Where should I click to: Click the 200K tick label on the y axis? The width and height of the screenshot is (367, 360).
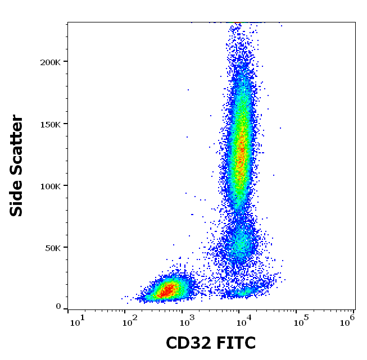pyautogui.click(x=50, y=62)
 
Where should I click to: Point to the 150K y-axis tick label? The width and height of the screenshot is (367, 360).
pyautogui.click(x=50, y=124)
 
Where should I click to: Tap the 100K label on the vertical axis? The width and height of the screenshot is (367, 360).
pyautogui.click(x=50, y=185)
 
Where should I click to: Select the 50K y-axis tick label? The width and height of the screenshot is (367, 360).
pyautogui.click(x=52, y=247)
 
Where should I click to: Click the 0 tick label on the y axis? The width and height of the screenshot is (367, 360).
pyautogui.click(x=58, y=306)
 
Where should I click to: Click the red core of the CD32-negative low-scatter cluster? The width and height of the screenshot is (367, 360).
pyautogui.click(x=167, y=290)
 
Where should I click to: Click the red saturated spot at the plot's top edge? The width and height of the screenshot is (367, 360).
pyautogui.click(x=238, y=23)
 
